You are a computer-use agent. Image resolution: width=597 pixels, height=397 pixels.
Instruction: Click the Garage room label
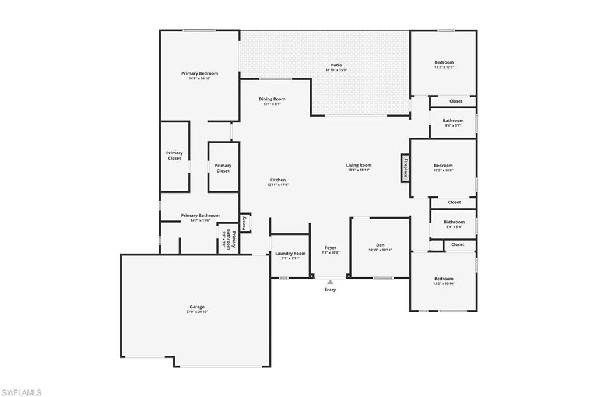(196, 307)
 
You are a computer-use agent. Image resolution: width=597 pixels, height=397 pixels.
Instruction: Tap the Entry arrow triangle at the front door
(330, 283)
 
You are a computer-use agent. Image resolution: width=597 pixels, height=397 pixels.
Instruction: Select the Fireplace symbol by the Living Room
(405, 168)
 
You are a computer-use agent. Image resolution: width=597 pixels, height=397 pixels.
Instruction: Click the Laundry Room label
(290, 254)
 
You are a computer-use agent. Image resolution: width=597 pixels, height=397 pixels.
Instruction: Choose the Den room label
(380, 245)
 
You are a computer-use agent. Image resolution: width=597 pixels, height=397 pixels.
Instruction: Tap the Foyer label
(331, 248)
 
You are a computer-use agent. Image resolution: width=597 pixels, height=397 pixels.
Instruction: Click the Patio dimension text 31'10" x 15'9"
(336, 70)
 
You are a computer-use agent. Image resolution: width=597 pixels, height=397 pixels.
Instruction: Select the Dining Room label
(272, 99)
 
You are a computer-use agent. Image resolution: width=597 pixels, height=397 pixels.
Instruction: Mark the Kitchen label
(278, 180)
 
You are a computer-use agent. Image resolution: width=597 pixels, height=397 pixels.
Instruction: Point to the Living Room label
(359, 165)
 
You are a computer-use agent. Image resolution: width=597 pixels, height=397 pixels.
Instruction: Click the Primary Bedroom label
(199, 73)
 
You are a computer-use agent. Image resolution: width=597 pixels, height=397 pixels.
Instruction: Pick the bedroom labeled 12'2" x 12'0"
(444, 62)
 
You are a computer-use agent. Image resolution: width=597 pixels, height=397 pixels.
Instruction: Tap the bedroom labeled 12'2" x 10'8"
(443, 166)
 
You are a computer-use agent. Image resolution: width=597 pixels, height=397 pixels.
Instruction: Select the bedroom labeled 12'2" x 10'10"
(443, 279)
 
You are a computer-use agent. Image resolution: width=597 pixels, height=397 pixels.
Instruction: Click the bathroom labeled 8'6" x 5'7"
(453, 121)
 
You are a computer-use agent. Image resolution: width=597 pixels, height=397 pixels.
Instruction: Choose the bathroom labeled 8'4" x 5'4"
(454, 222)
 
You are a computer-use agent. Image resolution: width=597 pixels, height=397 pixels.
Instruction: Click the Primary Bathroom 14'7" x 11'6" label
(200, 216)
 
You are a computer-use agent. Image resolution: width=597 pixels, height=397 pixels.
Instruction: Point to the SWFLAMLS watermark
(22, 392)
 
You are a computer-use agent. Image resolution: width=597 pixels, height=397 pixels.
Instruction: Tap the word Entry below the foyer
(330, 290)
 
